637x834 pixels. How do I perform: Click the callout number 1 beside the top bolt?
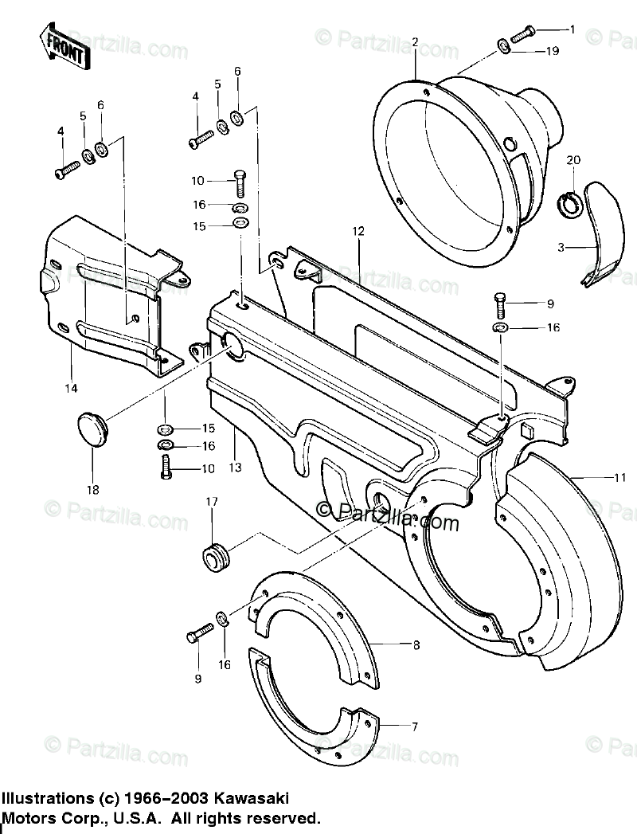click(572, 29)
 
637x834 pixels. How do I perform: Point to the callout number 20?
click(573, 160)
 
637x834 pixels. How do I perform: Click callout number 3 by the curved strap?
click(561, 248)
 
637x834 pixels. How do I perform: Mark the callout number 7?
click(415, 726)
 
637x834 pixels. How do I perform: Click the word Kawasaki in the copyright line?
click(252, 797)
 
